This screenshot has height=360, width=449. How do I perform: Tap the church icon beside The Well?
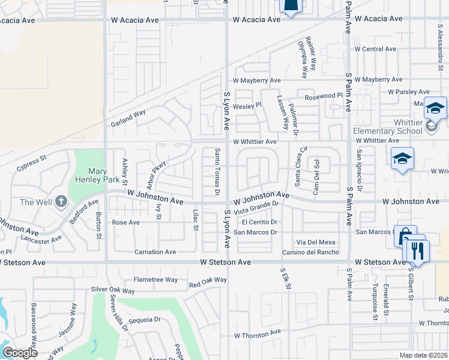(61, 202)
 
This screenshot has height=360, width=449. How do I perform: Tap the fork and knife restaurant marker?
(418, 251)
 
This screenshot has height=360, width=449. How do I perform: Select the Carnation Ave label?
(155, 252)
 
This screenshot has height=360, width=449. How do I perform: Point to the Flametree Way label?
(155, 280)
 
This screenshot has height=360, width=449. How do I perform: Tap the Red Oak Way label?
(208, 280)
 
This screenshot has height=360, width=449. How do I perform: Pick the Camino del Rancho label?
(311, 252)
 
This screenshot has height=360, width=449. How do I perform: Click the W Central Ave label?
(375, 49)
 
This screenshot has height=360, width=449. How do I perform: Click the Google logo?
(20, 353)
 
